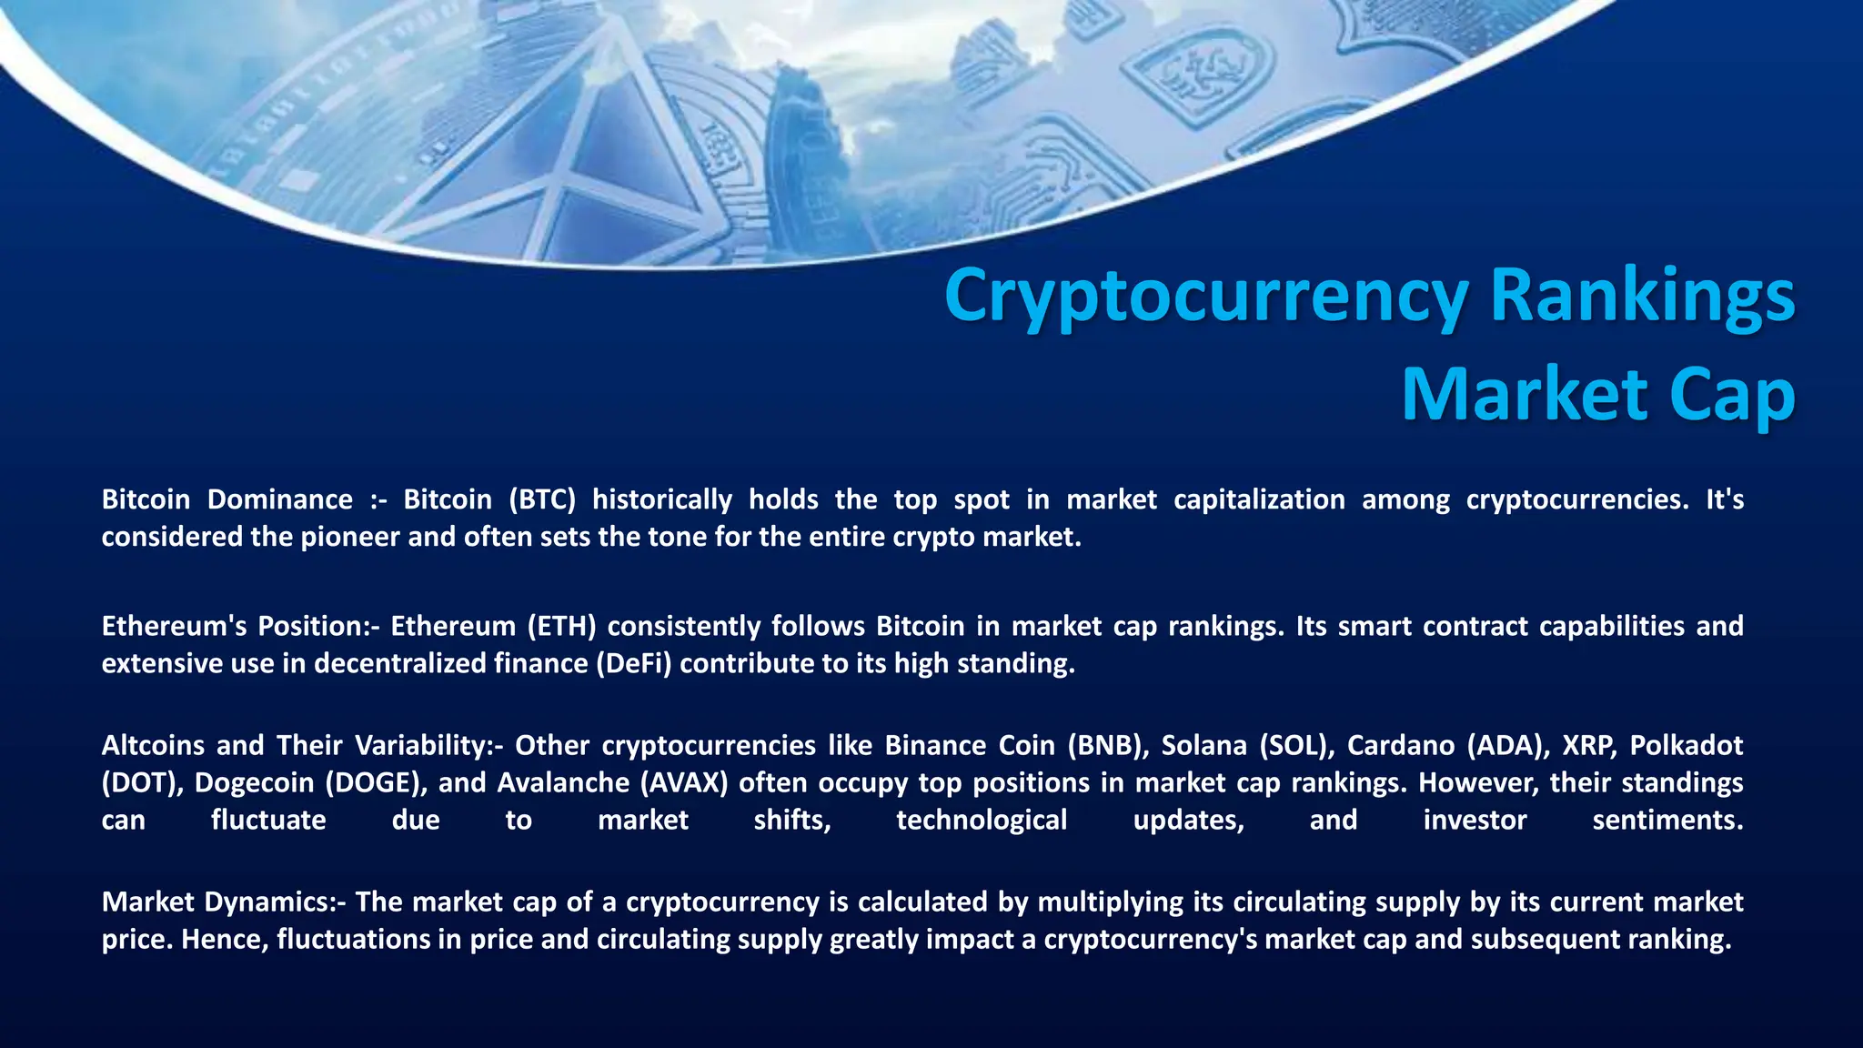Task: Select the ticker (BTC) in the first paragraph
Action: [x=542, y=499]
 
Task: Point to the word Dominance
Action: [x=279, y=499]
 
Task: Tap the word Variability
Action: [x=424, y=745]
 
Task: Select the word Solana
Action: [x=1203, y=745]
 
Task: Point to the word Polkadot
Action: [x=1686, y=745]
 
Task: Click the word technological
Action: [x=982, y=820]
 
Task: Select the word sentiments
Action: [x=1667, y=820]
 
